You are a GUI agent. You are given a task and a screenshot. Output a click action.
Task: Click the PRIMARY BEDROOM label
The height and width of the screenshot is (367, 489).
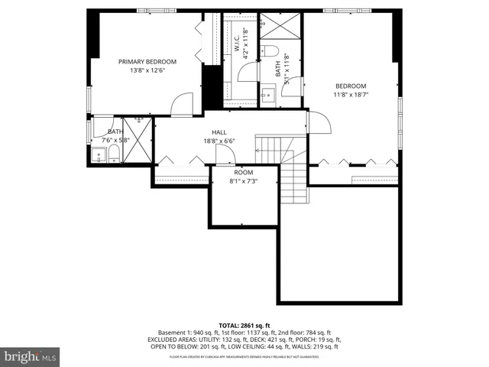coord(147,61)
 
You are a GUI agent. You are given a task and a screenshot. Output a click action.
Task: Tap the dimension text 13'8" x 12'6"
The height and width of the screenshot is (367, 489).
coord(147,70)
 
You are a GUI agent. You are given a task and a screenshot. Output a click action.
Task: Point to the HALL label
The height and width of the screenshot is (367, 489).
coord(219,132)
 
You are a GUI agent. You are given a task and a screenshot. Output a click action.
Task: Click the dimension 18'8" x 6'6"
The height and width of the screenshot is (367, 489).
coord(219,141)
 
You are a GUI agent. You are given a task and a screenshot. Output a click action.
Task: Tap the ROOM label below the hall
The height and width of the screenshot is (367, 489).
coord(244,173)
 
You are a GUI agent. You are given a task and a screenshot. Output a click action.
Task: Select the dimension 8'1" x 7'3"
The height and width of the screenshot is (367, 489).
coord(244,181)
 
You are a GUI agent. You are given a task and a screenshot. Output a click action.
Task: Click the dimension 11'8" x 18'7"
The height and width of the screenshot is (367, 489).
coord(350,95)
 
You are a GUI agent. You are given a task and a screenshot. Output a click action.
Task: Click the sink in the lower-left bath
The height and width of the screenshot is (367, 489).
coord(99,156)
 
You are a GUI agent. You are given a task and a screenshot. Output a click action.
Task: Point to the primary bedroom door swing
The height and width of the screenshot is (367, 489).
coord(182,105)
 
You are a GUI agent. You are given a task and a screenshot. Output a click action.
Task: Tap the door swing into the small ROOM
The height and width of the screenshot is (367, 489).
coord(225,155)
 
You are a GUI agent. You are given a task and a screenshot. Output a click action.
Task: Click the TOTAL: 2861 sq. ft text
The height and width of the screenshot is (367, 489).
coord(244,325)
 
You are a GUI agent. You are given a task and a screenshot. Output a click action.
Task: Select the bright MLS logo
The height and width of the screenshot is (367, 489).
coord(31,356)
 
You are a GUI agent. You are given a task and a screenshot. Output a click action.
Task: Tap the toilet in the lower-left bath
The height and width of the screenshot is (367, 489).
coord(113,155)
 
